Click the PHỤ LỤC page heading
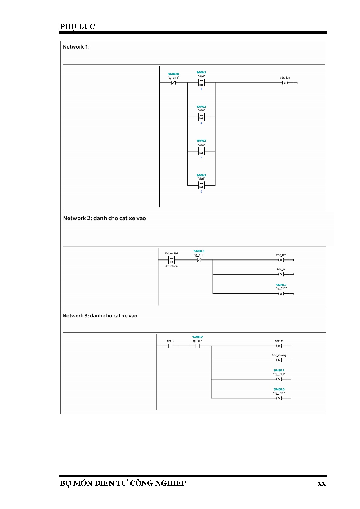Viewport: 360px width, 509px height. tap(78, 26)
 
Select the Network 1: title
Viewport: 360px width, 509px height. tap(76, 47)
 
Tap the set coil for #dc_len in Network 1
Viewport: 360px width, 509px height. tap(285, 83)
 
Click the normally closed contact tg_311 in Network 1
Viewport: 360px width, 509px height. tap(173, 83)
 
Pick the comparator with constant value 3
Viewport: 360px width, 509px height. tap(201, 83)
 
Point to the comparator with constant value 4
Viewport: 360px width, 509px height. tap(201, 117)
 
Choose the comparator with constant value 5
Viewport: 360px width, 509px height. tap(201, 151)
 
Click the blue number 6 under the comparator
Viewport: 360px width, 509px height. tap(201, 192)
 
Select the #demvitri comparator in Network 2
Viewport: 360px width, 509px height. tap(172, 260)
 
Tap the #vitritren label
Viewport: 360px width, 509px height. tap(172, 266)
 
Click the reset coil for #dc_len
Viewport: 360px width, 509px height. tap(281, 260)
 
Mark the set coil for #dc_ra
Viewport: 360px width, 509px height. tap(281, 274)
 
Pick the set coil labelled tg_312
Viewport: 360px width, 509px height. tap(281, 294)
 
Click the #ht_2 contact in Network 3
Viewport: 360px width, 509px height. tap(170, 346)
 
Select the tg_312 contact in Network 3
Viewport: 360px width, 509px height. tap(198, 346)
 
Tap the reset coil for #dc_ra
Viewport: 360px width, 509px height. tap(279, 346)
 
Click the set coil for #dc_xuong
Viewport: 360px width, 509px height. tap(279, 360)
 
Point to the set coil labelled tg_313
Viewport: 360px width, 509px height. tap(279, 379)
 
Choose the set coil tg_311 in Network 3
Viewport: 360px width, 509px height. tap(279, 398)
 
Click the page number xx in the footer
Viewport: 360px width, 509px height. tap(322, 484)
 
